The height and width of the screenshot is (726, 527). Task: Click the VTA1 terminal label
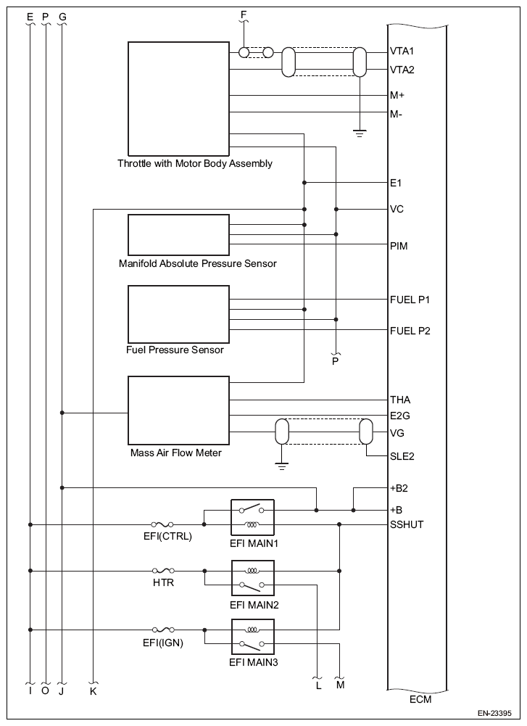(402, 52)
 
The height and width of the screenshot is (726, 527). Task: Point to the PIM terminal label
(399, 247)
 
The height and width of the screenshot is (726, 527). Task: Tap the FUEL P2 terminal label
(410, 331)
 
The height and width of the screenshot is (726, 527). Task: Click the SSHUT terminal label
(407, 524)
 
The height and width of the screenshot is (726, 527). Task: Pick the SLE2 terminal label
(402, 457)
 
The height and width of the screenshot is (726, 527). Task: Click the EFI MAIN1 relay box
(252, 516)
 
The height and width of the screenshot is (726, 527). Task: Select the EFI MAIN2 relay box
(252, 577)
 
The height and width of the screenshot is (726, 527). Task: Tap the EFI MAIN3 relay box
(252, 636)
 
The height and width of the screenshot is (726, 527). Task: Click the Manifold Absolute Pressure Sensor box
(178, 234)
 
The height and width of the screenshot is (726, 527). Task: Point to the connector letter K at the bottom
(94, 691)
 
